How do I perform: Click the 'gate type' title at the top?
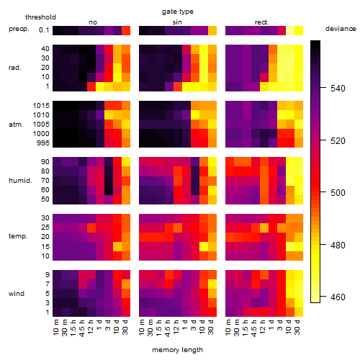pyautogui.click(x=178, y=12)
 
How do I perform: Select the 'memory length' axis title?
pyautogui.click(x=177, y=350)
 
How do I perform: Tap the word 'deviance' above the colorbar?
pyautogui.click(x=341, y=29)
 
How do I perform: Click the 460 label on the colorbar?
pyautogui.click(x=338, y=297)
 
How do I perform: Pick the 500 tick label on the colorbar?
pyautogui.click(x=338, y=193)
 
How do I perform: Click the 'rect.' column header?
pyautogui.click(x=261, y=22)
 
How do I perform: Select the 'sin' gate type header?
pyautogui.click(x=177, y=22)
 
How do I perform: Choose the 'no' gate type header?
pyautogui.click(x=93, y=22)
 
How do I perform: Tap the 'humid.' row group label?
pyautogui.click(x=20, y=181)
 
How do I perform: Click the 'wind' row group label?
pyautogui.click(x=17, y=294)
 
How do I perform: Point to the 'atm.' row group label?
pyautogui.click(x=16, y=125)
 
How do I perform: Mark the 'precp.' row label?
pyautogui.click(x=19, y=29)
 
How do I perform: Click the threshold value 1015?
pyautogui.click(x=41, y=106)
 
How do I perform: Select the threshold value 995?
pyautogui.click(x=43, y=143)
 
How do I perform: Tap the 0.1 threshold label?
pyautogui.click(x=44, y=30)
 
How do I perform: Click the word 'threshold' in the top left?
pyautogui.click(x=40, y=17)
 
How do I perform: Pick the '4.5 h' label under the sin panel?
pyautogui.click(x=168, y=328)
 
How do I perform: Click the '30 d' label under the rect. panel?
pyautogui.click(x=297, y=328)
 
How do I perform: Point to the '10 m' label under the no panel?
pyautogui.click(x=55, y=328)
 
